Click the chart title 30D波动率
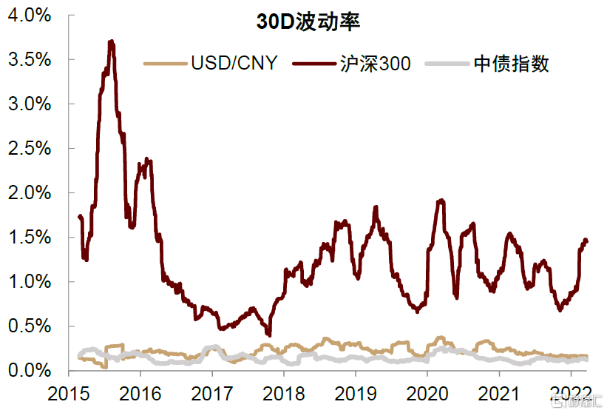click(x=308, y=21)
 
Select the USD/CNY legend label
click(x=234, y=63)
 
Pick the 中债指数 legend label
click(x=511, y=63)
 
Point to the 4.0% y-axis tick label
click(x=30, y=15)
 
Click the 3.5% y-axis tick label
click(x=30, y=59)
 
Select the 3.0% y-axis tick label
click(x=30, y=104)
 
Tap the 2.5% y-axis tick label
click(x=30, y=148)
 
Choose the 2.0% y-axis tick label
click(x=30, y=192)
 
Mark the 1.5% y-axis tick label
click(x=30, y=237)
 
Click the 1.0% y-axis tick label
click(x=30, y=281)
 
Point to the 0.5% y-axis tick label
click(x=30, y=326)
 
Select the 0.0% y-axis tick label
click(x=30, y=370)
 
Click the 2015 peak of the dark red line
click(x=111, y=41)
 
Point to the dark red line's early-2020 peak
click(x=441, y=200)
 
